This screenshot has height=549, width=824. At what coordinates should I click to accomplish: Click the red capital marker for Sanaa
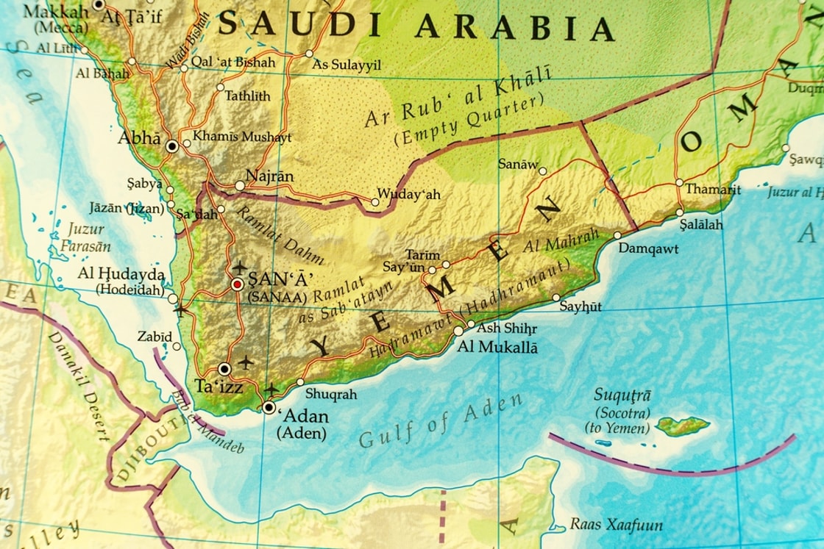tap(237, 284)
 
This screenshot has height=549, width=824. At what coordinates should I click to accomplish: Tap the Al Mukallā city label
tap(497, 347)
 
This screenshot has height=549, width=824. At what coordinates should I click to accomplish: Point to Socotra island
tap(683, 426)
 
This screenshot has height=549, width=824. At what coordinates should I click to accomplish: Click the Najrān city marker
tap(240, 186)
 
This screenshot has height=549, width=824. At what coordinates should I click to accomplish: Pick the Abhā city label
tap(139, 138)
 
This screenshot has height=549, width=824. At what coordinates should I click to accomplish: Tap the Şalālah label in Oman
tap(700, 224)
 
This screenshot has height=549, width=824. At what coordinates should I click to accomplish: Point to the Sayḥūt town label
tap(580, 306)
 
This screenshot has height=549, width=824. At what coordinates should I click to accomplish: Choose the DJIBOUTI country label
tap(145, 456)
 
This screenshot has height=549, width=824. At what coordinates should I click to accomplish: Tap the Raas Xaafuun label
tap(616, 525)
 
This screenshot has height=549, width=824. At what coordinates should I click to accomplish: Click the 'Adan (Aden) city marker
tap(269, 407)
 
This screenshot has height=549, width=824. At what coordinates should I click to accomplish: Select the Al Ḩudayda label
tap(121, 273)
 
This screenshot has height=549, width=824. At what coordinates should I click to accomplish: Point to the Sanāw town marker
tap(542, 171)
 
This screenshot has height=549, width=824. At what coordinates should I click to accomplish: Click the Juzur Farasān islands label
tap(86, 237)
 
